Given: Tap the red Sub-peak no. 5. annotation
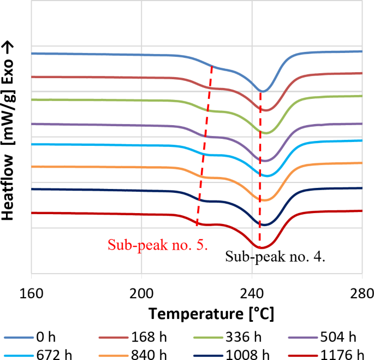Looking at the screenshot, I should (x=157, y=244).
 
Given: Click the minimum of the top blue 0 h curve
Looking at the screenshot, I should (x=262, y=91).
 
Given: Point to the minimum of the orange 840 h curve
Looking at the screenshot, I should (x=264, y=200).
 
